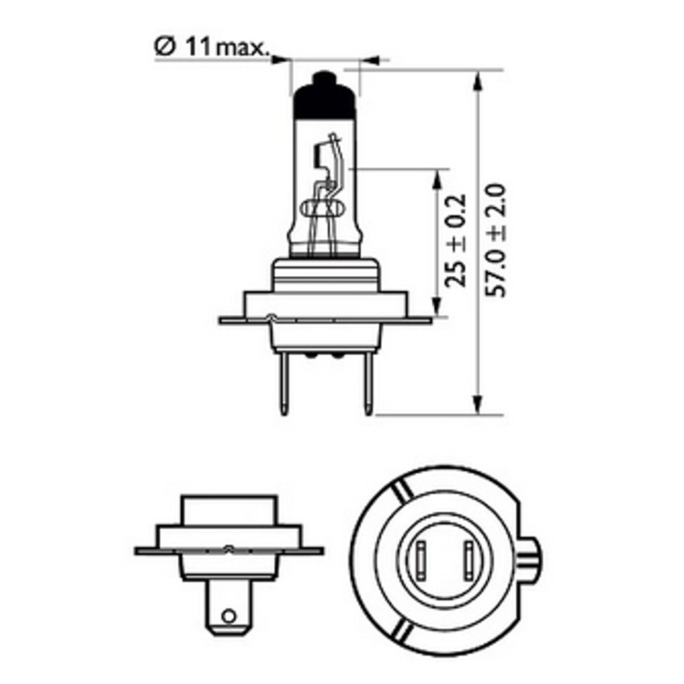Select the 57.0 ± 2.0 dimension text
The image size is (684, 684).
pyautogui.click(x=496, y=241)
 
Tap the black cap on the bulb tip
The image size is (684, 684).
pyautogui.click(x=325, y=96)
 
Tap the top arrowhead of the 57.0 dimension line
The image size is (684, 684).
pyautogui.click(x=478, y=81)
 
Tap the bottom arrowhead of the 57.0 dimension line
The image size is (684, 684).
pyautogui.click(x=478, y=404)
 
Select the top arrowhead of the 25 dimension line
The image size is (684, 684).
pyautogui.click(x=436, y=179)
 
